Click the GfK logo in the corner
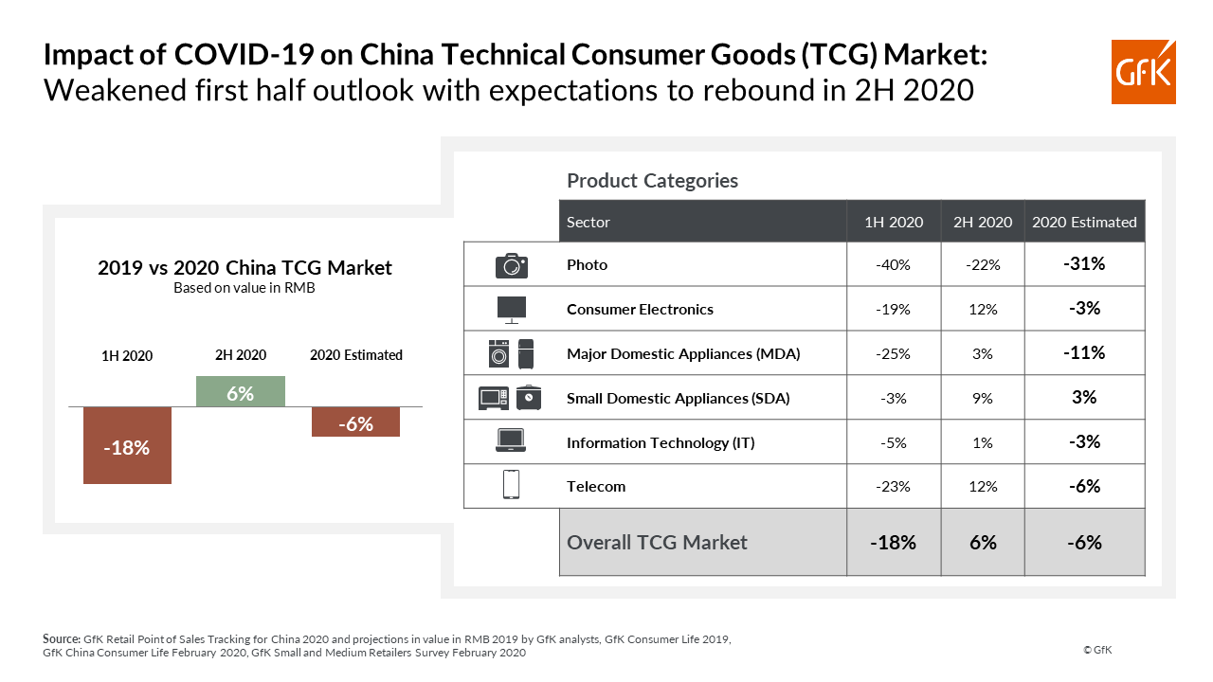(1144, 71)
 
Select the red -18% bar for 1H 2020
(127, 445)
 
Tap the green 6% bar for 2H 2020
(240, 392)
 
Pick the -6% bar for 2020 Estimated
(355, 422)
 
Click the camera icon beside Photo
(512, 265)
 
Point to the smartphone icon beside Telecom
(511, 485)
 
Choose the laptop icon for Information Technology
(511, 441)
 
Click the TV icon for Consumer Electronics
(512, 309)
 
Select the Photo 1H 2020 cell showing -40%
(893, 265)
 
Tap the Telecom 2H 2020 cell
(982, 487)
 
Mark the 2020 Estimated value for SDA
(1084, 398)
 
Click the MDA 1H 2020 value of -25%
(893, 354)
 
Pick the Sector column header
(588, 223)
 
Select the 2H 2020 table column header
(982, 223)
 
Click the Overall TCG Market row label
(657, 543)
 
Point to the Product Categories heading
(652, 180)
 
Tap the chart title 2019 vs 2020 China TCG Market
(244, 268)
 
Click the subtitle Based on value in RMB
(244, 288)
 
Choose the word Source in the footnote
(62, 639)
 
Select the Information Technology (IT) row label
(661, 442)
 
